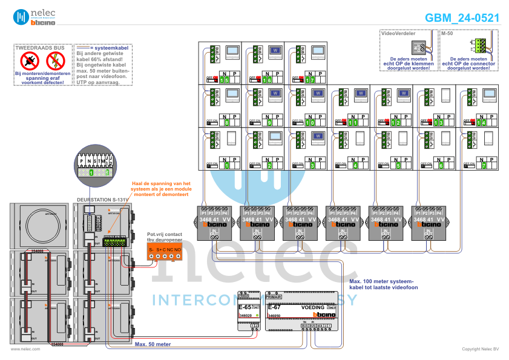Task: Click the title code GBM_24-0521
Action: tap(462, 18)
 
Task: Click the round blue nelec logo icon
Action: tap(21, 17)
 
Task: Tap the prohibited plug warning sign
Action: tap(30, 60)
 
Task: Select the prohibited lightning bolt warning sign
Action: tap(55, 60)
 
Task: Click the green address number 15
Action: tap(225, 80)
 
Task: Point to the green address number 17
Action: tap(310, 80)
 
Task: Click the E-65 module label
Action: tap(244, 307)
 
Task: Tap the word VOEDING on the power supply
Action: tap(313, 307)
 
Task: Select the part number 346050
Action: tap(274, 316)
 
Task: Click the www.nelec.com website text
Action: tap(25, 349)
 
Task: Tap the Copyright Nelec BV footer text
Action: tap(480, 349)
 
